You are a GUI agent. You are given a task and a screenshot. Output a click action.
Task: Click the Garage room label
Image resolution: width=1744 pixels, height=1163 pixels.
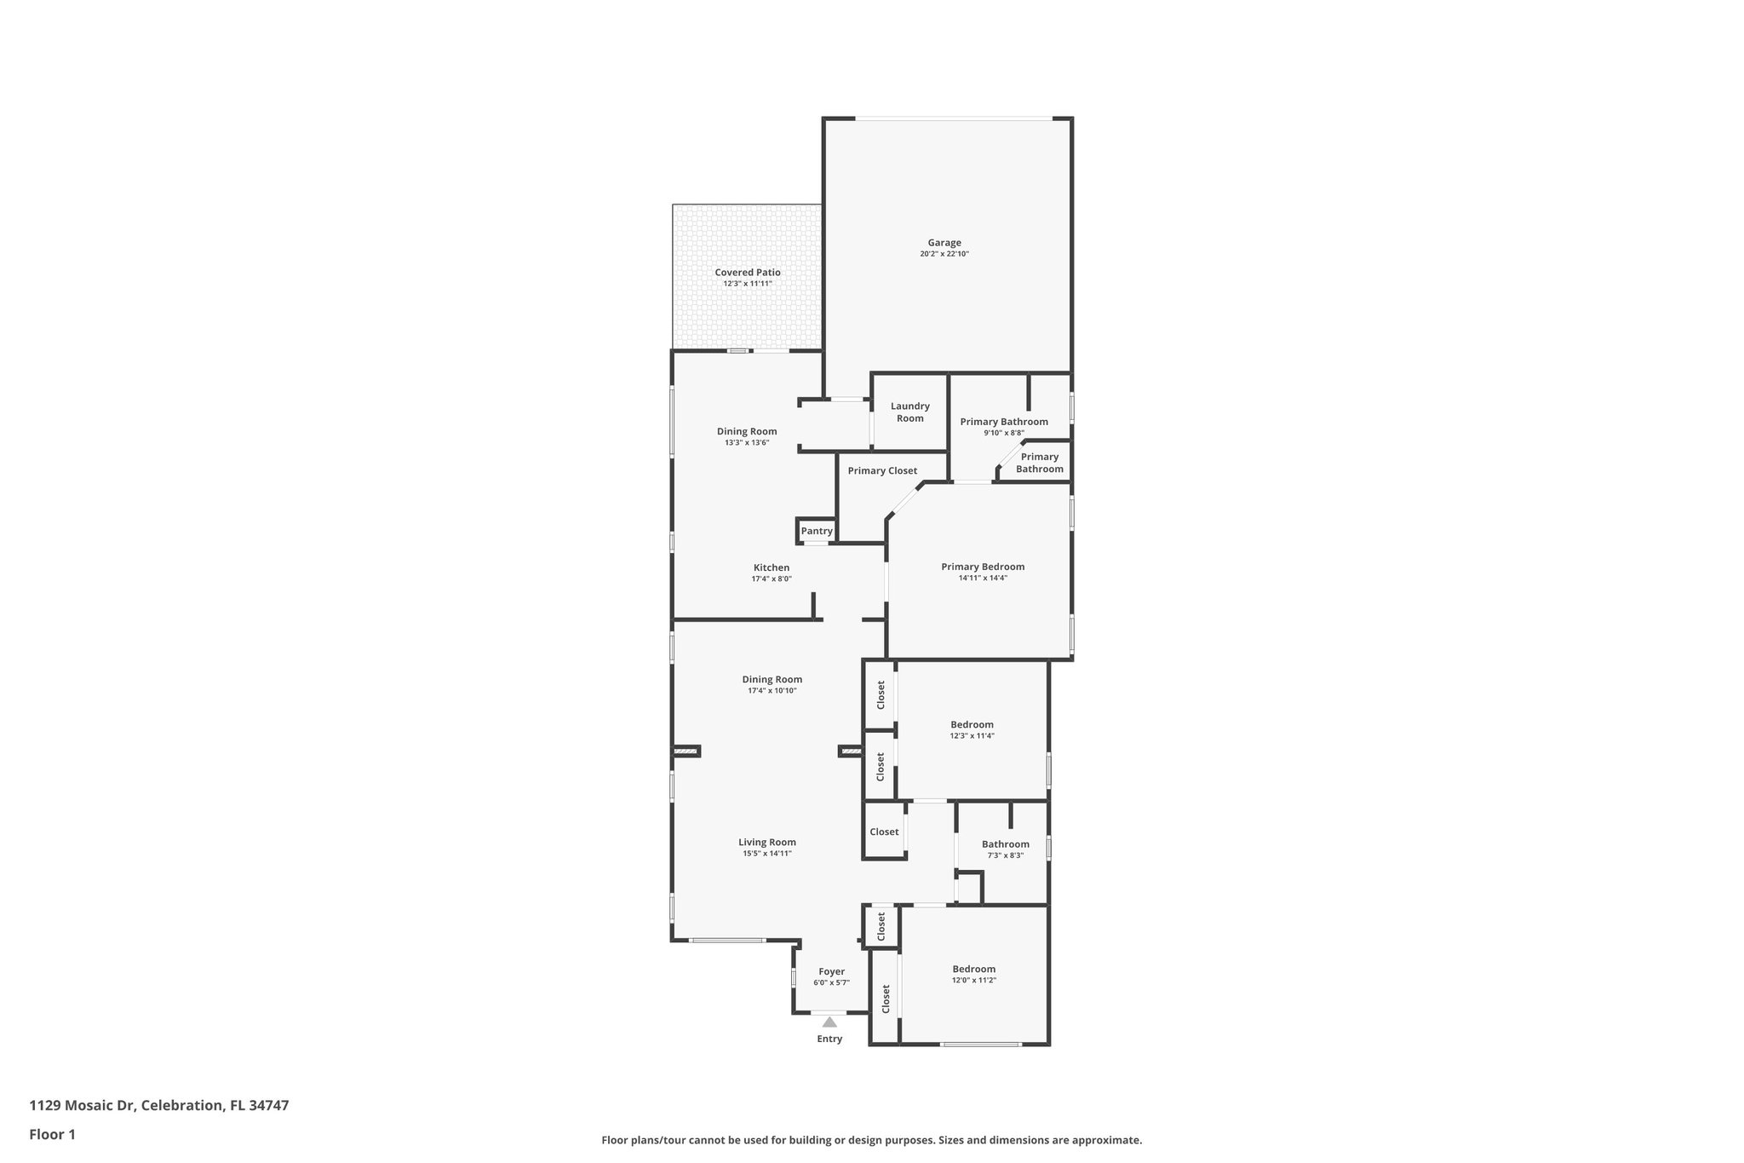(944, 243)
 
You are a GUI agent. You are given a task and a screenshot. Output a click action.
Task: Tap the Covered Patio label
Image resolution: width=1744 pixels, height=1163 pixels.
(748, 273)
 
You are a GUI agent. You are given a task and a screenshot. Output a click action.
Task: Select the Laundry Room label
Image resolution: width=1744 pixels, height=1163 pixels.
(910, 412)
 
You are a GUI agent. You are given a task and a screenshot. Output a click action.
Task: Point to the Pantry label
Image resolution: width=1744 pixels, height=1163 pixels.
(817, 531)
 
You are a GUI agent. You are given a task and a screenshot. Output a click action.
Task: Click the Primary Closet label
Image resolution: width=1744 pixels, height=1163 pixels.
(882, 470)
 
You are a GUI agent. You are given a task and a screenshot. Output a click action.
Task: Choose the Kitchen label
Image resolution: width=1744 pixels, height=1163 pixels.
(772, 567)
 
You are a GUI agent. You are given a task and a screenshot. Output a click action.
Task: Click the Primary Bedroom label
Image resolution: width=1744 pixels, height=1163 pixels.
(983, 567)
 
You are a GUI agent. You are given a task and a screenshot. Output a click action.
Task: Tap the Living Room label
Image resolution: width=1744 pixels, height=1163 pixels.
(767, 842)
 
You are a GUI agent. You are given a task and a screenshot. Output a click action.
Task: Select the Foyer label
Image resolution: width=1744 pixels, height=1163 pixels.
(832, 971)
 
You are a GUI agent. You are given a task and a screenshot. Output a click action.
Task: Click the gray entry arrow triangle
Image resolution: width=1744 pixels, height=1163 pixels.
(829, 1022)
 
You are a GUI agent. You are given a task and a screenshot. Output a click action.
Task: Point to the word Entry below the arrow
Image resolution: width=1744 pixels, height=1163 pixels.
(829, 1039)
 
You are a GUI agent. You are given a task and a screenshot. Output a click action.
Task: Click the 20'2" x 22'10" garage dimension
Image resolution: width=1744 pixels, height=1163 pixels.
(944, 254)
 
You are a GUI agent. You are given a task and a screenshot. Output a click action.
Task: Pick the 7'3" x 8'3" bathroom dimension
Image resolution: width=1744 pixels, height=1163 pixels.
(1006, 855)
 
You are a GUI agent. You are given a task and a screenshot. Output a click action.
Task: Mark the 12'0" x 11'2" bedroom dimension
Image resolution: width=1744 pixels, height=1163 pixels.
(974, 981)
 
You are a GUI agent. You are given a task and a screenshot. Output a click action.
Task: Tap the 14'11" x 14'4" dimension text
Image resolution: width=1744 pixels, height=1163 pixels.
(983, 578)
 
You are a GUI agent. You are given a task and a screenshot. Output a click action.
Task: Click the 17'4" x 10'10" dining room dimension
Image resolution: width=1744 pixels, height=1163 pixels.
(772, 691)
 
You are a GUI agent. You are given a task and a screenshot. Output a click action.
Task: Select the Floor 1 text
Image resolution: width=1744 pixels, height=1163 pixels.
(53, 1134)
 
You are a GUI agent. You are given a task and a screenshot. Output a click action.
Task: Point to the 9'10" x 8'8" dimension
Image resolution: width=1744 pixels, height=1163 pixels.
(1004, 433)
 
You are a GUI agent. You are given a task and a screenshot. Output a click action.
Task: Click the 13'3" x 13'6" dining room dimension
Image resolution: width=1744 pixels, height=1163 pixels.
(747, 442)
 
